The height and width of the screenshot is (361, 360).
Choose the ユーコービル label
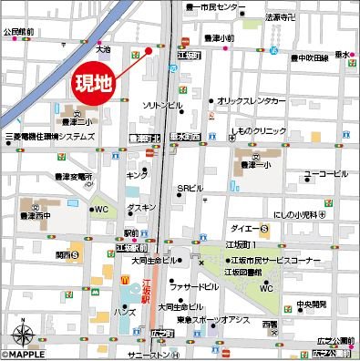pos(325,172)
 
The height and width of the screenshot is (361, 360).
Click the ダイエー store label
pos(241,228)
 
